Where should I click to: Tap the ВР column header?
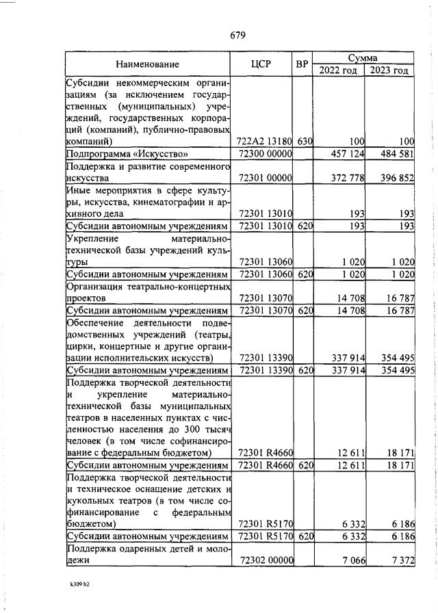tap(302, 64)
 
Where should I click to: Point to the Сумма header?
tap(363, 58)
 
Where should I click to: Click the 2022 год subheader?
tap(337, 70)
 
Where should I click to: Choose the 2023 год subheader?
tap(389, 70)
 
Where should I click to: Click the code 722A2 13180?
tap(264, 141)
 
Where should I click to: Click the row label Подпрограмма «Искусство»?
tap(127, 154)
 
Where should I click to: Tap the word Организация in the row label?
tap(94, 287)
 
